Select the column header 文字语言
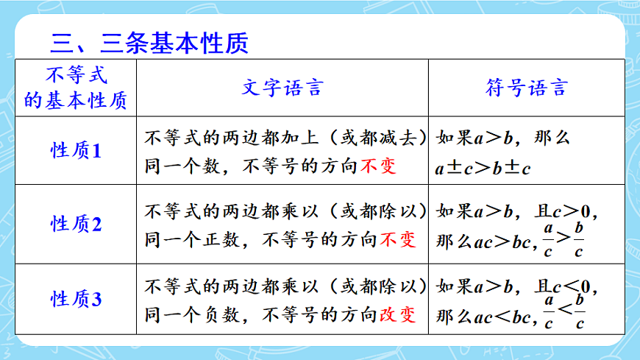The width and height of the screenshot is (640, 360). click(282, 88)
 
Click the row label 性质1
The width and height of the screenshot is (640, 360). click(76, 151)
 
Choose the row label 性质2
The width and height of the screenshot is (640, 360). click(76, 224)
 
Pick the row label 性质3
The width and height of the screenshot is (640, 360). click(76, 300)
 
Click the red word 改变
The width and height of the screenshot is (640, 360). click(398, 314)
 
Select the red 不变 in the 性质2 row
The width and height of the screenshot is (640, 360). click(398, 239)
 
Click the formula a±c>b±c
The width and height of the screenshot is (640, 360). click(483, 168)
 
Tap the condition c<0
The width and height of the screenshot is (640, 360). click(575, 285)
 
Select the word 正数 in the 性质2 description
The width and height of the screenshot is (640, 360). click(220, 239)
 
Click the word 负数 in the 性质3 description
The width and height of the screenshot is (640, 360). click(220, 314)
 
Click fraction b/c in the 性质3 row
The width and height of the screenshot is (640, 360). click(580, 311)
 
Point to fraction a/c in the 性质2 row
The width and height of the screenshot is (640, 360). click(548, 238)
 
